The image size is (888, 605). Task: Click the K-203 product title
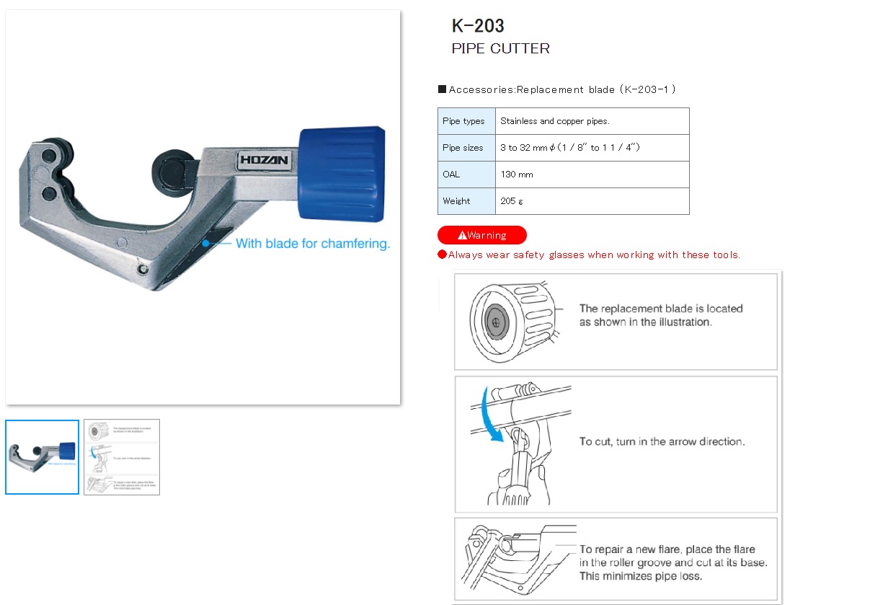click(478, 26)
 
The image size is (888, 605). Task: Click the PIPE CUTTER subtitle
click(500, 49)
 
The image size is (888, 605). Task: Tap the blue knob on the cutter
click(342, 175)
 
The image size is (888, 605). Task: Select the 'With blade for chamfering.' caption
click(312, 244)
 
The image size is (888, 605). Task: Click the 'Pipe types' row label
click(463, 121)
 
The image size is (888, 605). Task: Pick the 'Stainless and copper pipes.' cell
click(554, 121)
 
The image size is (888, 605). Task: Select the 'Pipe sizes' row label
click(463, 148)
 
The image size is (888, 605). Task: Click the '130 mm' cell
click(517, 175)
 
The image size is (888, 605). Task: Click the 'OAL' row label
click(451, 175)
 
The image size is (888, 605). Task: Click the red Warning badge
click(481, 235)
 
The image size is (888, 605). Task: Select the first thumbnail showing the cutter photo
click(42, 457)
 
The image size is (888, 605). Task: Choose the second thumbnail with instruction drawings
click(122, 457)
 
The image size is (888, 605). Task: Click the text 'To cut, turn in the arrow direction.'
click(662, 441)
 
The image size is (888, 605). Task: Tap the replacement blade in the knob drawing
click(495, 323)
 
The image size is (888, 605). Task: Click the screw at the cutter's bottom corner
click(143, 269)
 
